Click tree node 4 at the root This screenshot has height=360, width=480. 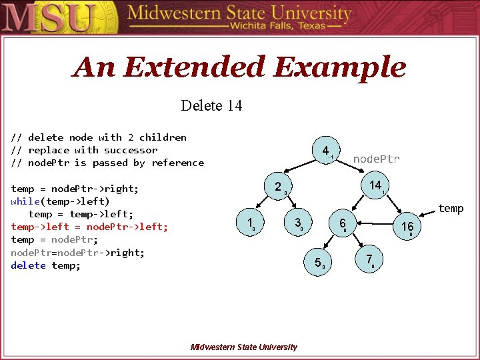point(325,151)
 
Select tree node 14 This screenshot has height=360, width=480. point(375,185)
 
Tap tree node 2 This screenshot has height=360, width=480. point(278,187)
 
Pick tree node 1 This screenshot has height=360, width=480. point(249,223)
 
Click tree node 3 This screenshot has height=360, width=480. point(298,223)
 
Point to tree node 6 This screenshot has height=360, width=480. point(342,223)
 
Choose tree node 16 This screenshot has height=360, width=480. point(407,227)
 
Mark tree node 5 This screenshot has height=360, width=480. point(318,263)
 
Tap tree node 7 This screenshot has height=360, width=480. point(369,260)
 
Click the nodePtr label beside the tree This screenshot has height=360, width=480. point(376,159)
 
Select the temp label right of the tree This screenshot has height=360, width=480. point(451,209)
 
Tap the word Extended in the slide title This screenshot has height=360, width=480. point(193,67)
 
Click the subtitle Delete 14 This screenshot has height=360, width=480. point(211,105)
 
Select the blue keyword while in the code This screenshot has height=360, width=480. point(25,201)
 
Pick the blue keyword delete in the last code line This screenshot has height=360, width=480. point(28,265)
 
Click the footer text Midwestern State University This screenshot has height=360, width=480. point(243,347)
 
